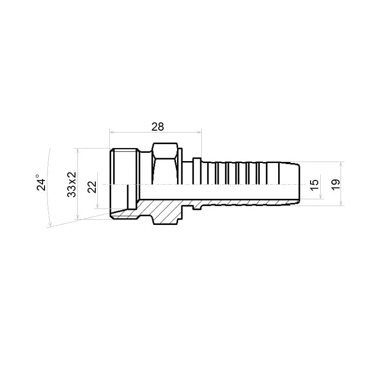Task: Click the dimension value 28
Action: tap(158, 127)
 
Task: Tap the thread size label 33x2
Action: tap(72, 184)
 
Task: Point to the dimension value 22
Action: tap(92, 187)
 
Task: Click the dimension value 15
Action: tap(314, 185)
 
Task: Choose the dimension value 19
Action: tap(336, 184)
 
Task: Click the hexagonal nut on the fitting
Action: tap(165, 164)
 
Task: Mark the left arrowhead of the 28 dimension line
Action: tap(111, 132)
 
